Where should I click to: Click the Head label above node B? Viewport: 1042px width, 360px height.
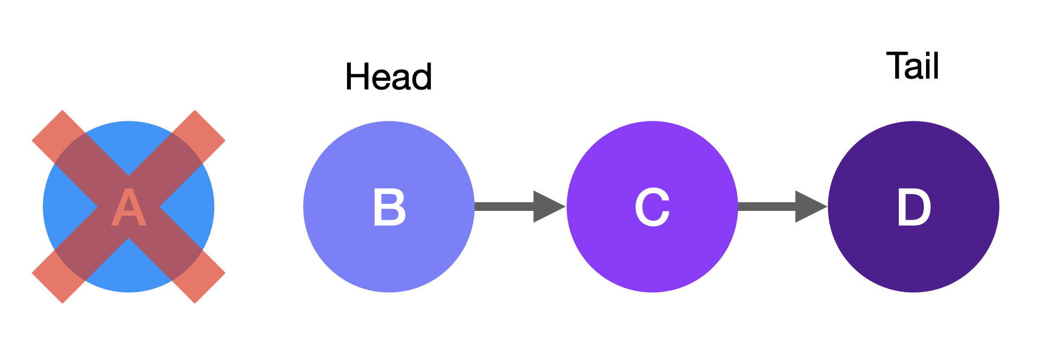pos(389,76)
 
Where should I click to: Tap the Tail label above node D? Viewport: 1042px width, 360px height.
pos(912,66)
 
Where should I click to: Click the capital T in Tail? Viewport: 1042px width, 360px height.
pos(897,66)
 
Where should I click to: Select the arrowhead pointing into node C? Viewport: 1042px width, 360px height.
pos(548,207)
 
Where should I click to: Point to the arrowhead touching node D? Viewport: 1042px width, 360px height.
pos(809,207)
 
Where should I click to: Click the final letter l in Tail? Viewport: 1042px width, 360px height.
pos(935,66)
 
